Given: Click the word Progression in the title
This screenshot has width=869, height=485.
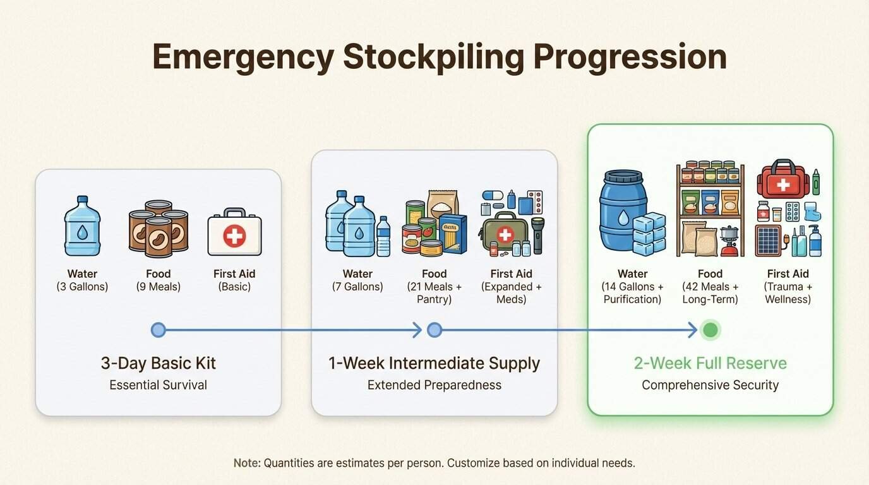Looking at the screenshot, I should pos(630,57).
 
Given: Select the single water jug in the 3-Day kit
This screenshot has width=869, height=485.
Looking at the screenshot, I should pos(82,226).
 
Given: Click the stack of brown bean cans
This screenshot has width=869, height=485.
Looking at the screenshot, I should pos(159,229).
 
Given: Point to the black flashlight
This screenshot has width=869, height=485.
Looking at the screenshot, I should pos(537,235).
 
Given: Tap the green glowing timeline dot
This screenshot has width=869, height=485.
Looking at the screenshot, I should pos(710,330).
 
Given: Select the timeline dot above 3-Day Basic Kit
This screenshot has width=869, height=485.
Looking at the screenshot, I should pos(159,330).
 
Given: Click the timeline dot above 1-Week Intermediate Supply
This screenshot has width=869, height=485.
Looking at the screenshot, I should pos(434,330).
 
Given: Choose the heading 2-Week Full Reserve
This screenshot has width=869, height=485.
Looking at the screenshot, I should pos(710,363).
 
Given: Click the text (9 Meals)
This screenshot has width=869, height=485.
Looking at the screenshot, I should pos(159,287).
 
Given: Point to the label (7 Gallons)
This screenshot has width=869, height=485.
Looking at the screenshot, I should pos(357,287).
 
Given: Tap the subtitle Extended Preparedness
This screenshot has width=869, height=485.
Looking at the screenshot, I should pos(434,385).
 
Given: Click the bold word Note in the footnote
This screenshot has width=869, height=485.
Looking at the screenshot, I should pos(246,463).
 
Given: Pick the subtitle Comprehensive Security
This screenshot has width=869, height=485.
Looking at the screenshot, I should pos(710,385).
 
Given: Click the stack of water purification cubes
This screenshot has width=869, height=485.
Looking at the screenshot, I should pos(650,234).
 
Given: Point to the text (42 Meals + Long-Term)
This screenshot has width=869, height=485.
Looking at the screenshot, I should pos(710,293).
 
